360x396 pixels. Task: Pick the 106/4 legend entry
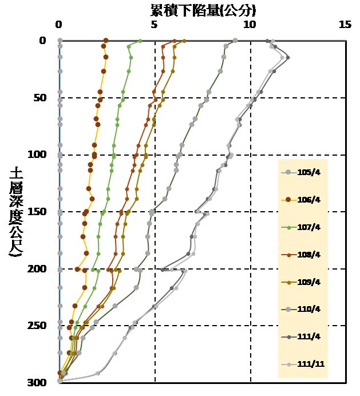coord(303,199)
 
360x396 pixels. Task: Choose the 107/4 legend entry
coord(303,227)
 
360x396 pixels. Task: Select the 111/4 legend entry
coord(303,336)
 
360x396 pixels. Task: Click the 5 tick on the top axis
coord(154,25)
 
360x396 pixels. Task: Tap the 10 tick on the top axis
coord(250,25)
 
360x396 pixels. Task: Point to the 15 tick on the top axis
coord(345,25)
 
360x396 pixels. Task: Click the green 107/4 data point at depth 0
coord(140,41)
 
